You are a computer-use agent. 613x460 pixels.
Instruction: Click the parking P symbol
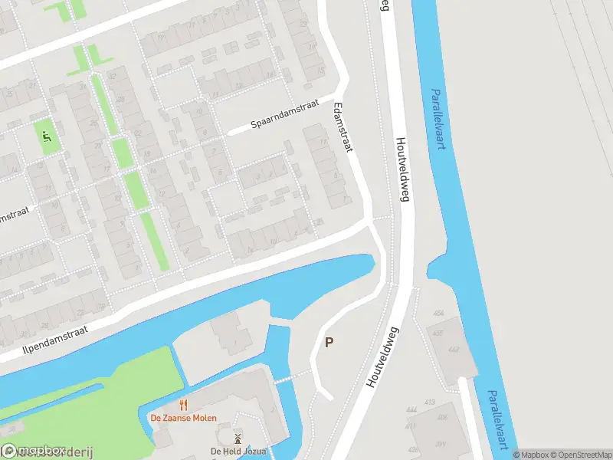(x=329, y=343)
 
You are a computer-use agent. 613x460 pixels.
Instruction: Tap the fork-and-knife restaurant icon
(x=183, y=405)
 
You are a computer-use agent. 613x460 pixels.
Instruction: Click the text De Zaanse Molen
(x=183, y=418)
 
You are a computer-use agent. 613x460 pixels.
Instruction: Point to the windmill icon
(x=238, y=439)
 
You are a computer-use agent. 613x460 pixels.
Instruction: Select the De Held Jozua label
(x=238, y=452)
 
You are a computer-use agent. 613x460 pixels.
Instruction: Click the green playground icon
(x=47, y=138)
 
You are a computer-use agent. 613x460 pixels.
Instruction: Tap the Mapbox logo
(x=34, y=452)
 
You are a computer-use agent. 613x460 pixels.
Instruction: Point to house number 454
(x=438, y=314)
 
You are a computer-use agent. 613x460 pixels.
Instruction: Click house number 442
(x=454, y=350)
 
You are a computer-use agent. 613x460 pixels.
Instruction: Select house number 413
(x=429, y=402)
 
